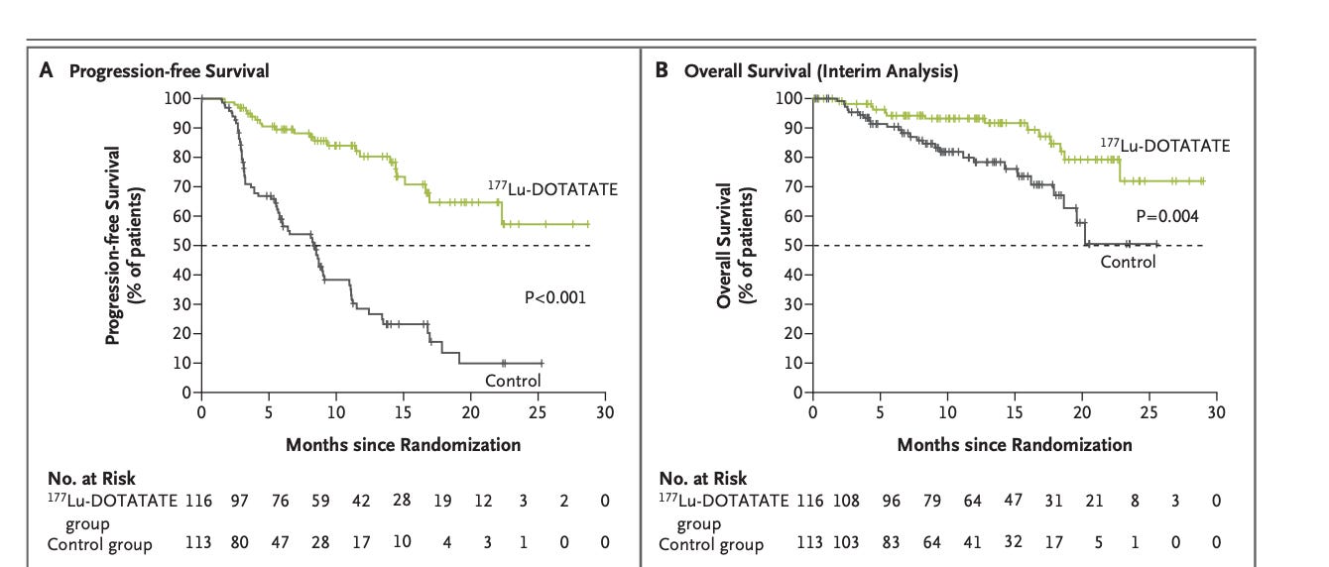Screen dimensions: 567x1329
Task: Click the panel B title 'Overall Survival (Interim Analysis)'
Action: [821, 71]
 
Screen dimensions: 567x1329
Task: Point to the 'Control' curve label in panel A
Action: [513, 381]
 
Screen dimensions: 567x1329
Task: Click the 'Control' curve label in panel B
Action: [1128, 262]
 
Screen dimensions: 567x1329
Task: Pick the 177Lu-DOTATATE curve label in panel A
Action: [551, 188]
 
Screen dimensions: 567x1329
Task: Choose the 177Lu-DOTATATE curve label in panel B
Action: [1164, 146]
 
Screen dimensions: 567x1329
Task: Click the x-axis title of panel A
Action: [403, 444]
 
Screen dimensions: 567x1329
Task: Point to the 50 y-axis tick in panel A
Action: [182, 245]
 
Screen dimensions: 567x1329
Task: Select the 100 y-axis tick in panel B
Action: [789, 98]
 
